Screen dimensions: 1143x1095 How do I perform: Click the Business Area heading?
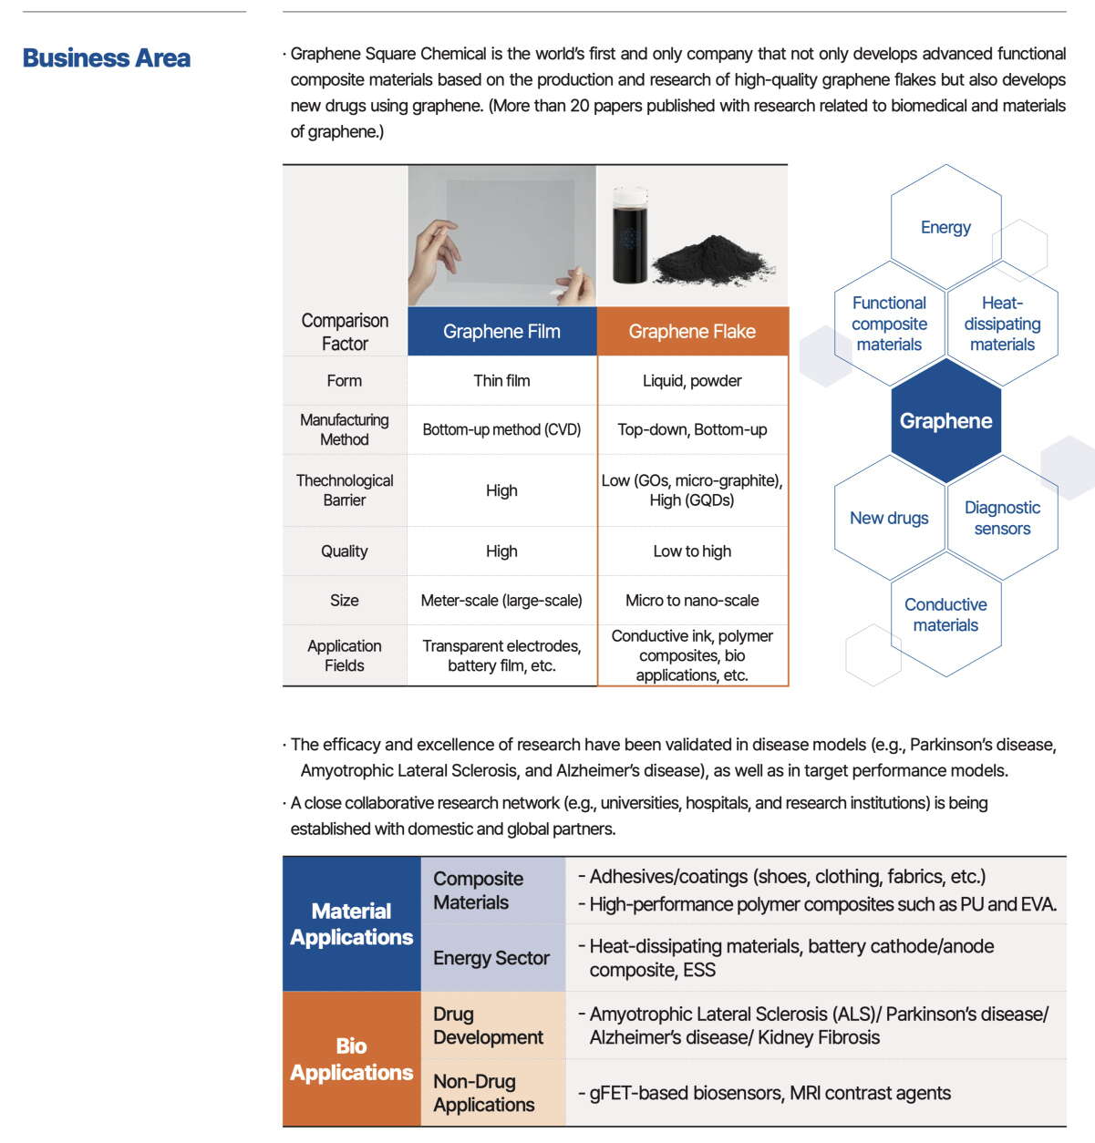pyautogui.click(x=107, y=58)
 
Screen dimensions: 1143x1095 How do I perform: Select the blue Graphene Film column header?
pyautogui.click(x=501, y=332)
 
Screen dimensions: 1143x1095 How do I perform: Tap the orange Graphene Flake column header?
pyautogui.click(x=692, y=332)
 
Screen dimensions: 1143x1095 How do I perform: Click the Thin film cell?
pyautogui.click(x=501, y=381)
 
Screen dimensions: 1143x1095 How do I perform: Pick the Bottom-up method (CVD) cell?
pyautogui.click(x=501, y=429)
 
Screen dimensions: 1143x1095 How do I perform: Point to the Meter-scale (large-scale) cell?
pyautogui.click(x=501, y=601)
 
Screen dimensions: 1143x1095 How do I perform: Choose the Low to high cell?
pyautogui.click(x=692, y=551)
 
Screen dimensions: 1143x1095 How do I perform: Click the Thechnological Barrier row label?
pyautogui.click(x=345, y=490)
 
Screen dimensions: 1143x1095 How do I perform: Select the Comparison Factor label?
pyautogui.click(x=345, y=332)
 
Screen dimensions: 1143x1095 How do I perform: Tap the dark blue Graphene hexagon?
pyautogui.click(x=945, y=421)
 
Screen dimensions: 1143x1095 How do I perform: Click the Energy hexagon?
pyautogui.click(x=945, y=227)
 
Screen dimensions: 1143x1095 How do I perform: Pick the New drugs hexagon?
pyautogui.click(x=889, y=519)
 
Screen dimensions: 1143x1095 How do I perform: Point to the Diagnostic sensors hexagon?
pyautogui.click(x=1002, y=519)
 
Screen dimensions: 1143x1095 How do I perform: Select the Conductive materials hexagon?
pyautogui.click(x=945, y=615)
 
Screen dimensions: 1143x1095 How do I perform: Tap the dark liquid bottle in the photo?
pyautogui.click(x=629, y=237)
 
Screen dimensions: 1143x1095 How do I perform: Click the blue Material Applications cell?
pyautogui.click(x=351, y=924)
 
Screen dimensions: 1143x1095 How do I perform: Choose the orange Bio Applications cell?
pyautogui.click(x=351, y=1059)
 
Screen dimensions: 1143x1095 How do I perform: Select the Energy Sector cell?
pyautogui.click(x=491, y=958)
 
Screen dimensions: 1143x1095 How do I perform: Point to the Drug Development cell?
pyautogui.click(x=488, y=1025)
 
